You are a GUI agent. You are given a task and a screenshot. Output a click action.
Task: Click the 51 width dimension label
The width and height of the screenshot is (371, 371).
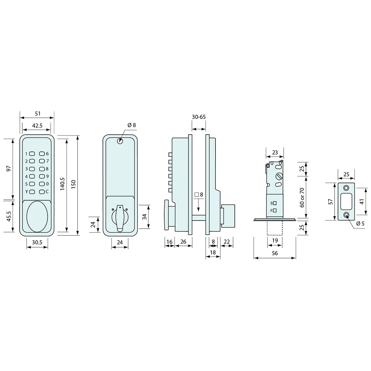click(38, 114)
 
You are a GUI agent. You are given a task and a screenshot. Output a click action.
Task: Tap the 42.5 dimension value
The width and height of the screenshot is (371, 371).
click(37, 125)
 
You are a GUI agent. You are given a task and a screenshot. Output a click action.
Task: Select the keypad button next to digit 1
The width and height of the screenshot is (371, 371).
click(32, 154)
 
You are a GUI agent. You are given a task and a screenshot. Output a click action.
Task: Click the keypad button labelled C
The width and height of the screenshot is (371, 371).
click(42, 192)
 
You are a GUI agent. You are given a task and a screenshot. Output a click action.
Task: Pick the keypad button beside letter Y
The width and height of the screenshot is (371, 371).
click(32, 192)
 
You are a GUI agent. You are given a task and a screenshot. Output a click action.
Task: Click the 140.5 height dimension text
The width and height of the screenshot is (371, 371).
click(62, 184)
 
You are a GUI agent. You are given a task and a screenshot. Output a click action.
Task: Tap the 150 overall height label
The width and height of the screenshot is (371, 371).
click(73, 184)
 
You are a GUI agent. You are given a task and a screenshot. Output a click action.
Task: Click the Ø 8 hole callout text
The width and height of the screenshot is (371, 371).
click(132, 125)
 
